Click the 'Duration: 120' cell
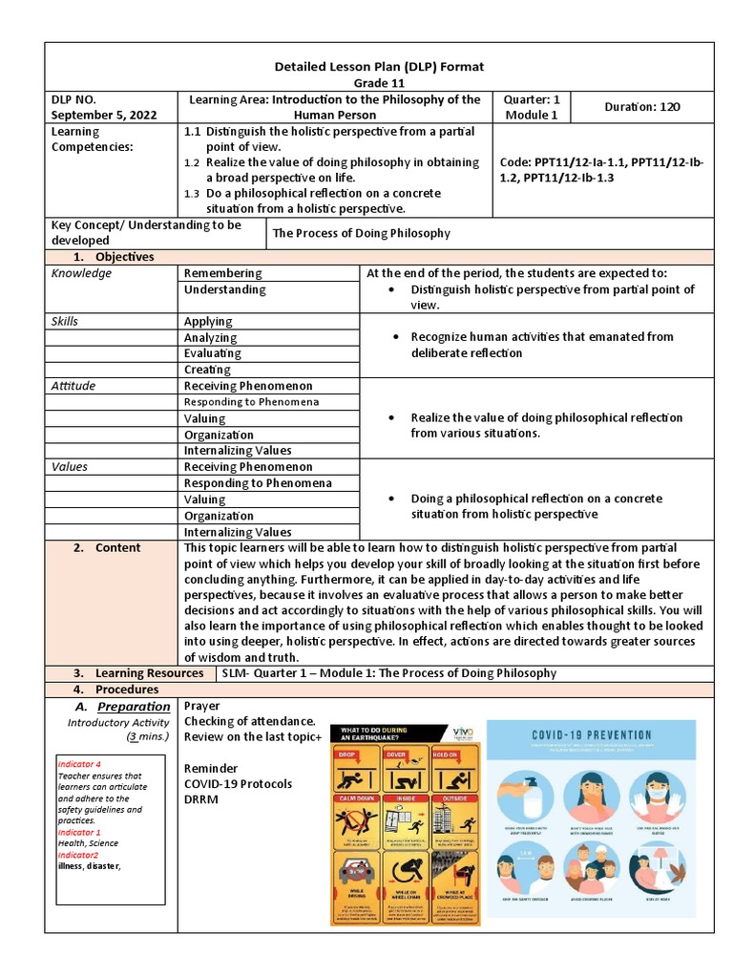(642, 107)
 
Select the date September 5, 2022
(96, 115)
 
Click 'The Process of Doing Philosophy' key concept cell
(362, 233)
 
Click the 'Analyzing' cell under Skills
(211, 337)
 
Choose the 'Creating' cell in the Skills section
(207, 370)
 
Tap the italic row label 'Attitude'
(73, 386)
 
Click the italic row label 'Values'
(69, 467)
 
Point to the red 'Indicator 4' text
(80, 766)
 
